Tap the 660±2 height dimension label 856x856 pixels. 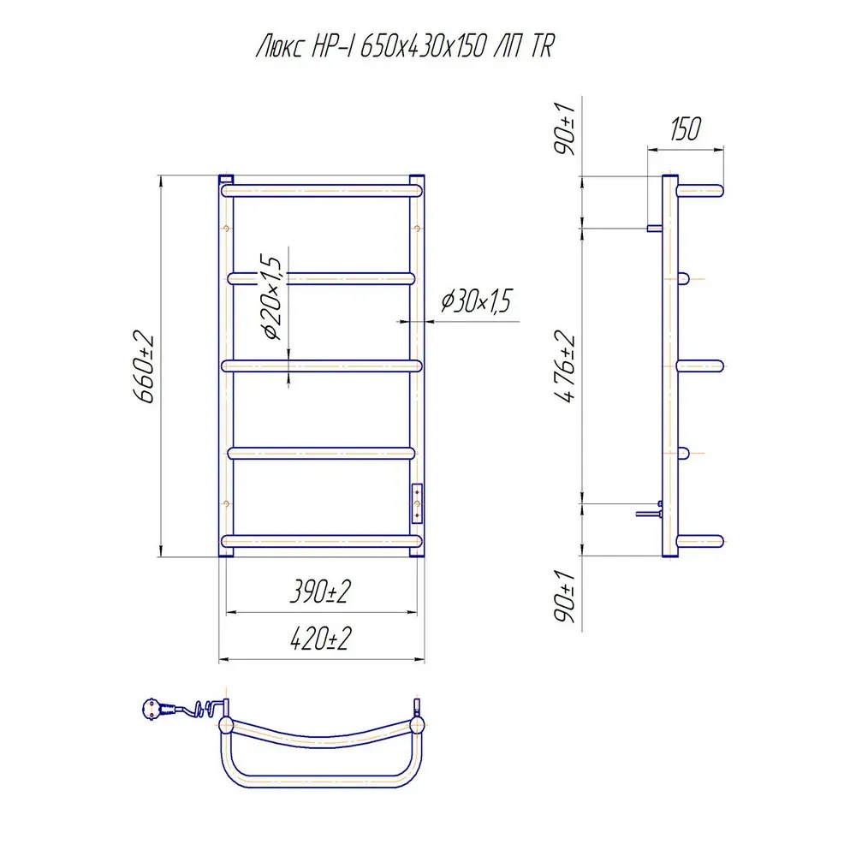[x=144, y=367]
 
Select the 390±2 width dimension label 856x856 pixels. [x=320, y=591]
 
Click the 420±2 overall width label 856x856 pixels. [x=320, y=638]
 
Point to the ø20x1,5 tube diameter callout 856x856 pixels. [x=271, y=296]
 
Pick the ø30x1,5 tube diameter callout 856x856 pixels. [x=476, y=300]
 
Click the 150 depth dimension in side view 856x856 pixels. [x=685, y=129]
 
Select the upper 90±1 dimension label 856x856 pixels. [x=565, y=129]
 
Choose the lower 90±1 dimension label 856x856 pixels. [x=565, y=596]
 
